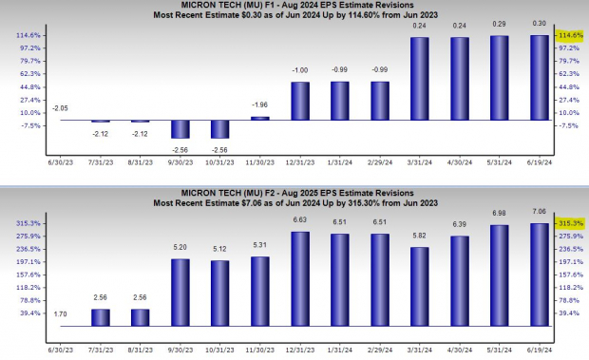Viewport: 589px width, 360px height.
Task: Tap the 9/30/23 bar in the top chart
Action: [x=180, y=130]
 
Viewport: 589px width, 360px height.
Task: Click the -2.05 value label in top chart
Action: [x=59, y=109]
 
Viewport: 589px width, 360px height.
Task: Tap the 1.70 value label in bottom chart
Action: [x=59, y=313]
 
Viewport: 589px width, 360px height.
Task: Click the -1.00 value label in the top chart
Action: [x=299, y=71]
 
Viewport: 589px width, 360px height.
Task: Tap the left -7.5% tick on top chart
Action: [x=28, y=125]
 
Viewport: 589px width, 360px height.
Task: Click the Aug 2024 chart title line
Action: [x=294, y=5]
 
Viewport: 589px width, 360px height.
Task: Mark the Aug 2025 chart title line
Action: [x=294, y=195]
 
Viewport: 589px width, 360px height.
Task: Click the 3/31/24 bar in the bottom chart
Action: [x=419, y=286]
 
